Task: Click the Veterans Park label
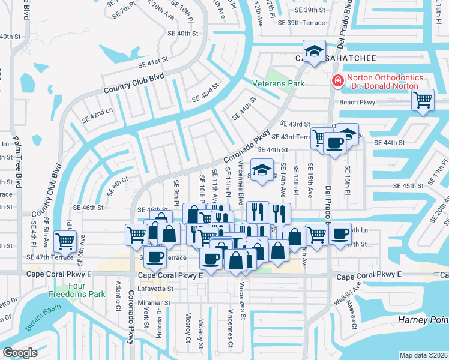tap(278, 83)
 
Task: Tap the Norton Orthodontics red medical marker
tap(338, 80)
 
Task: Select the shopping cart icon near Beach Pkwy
tap(423, 100)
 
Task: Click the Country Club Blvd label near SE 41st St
tap(133, 83)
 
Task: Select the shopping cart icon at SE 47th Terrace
tap(65, 242)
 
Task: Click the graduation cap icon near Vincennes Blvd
tap(262, 170)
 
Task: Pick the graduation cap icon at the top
tap(313, 52)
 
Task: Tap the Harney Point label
tap(422, 320)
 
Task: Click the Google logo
tap(20, 352)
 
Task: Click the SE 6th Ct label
tap(118, 186)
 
